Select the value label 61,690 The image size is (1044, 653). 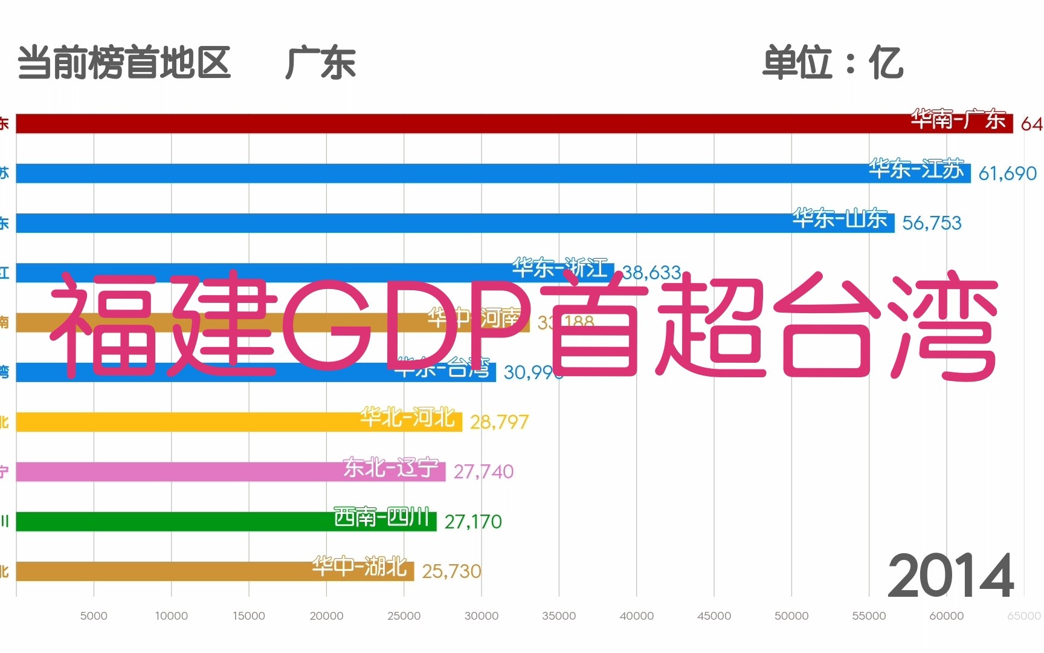pyautogui.click(x=1007, y=174)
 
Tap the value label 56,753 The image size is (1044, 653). pyautogui.click(x=931, y=223)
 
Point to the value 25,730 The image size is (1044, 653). pyautogui.click(x=451, y=571)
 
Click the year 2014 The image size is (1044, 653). pyautogui.click(x=950, y=576)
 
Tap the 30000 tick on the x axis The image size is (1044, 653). pyautogui.click(x=481, y=616)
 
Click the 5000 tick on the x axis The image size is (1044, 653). pyautogui.click(x=94, y=616)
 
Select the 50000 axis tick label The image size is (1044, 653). pyautogui.click(x=791, y=616)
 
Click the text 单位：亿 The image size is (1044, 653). pyautogui.click(x=832, y=63)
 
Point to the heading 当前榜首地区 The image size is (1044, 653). pyautogui.click(x=124, y=63)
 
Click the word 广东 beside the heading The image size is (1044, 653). pyautogui.click(x=320, y=63)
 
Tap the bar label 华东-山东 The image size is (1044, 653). pyautogui.click(x=840, y=218)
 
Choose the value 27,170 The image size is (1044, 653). pyautogui.click(x=472, y=522)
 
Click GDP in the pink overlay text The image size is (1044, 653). pyautogui.click(x=405, y=323)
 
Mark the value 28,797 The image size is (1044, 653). pyautogui.click(x=499, y=422)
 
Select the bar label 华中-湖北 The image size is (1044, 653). pyautogui.click(x=359, y=567)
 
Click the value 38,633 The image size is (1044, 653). pyautogui.click(x=651, y=273)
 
